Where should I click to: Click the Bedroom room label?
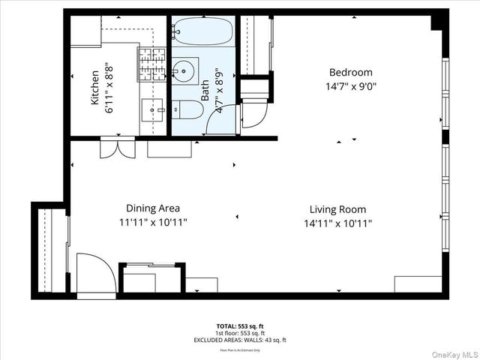(x=350, y=73)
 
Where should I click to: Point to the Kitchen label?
(x=95, y=88)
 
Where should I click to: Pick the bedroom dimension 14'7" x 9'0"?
(x=350, y=86)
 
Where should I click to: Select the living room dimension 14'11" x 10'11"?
(x=337, y=223)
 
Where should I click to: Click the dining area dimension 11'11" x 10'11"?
(x=152, y=223)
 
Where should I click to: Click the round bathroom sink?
(x=183, y=72)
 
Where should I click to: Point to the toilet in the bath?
(x=189, y=110)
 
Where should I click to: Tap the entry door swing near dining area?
(x=95, y=273)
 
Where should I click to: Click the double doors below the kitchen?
(x=118, y=147)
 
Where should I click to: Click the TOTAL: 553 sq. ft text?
(x=240, y=326)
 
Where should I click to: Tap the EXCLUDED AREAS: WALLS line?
(x=240, y=340)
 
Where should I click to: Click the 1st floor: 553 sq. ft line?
(x=240, y=333)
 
